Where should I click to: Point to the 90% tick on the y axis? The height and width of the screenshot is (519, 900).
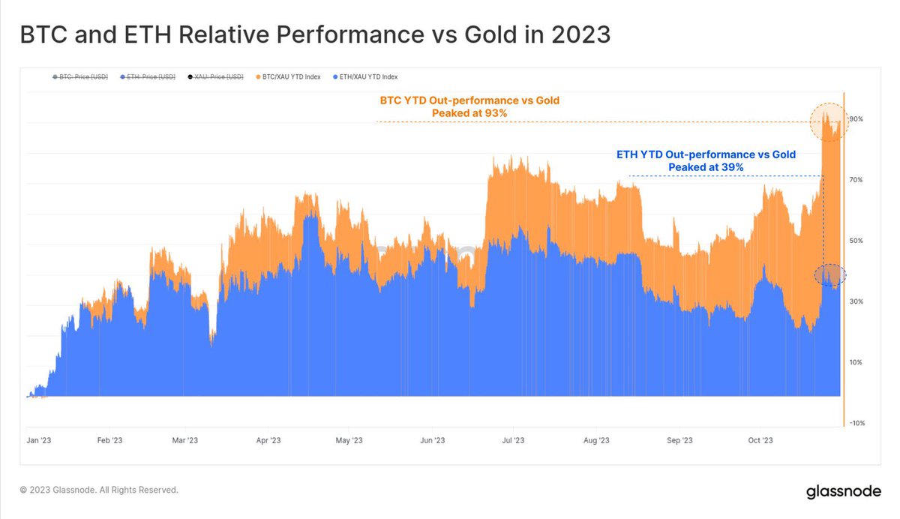coord(856,119)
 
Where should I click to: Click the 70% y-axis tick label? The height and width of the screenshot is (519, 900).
coord(856,180)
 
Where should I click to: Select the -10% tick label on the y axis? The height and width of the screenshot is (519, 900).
coord(856,423)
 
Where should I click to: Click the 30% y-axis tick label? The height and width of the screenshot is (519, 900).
coord(856,301)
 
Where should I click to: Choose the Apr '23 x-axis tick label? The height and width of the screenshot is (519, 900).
coord(268,441)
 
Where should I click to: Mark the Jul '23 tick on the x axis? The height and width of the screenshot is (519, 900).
coord(513,441)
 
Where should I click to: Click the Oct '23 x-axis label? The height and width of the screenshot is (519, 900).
coord(760,441)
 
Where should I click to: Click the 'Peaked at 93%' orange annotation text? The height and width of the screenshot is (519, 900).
coord(469,113)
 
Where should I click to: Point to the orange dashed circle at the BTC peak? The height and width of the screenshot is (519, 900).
coord(829,121)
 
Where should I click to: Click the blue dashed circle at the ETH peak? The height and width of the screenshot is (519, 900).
coord(829,275)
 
